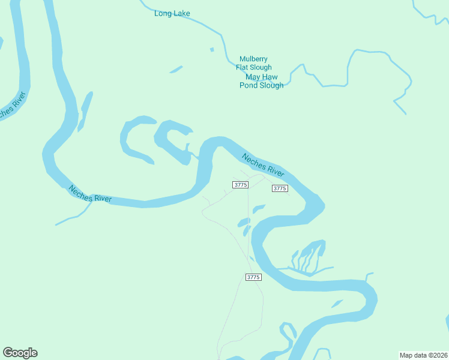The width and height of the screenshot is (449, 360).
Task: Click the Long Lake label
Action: pos(172,13)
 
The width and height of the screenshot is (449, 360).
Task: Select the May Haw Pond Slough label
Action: pos(262,81)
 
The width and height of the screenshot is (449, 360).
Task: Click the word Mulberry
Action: pos(253,59)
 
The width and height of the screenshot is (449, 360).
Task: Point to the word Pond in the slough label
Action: pos(249,85)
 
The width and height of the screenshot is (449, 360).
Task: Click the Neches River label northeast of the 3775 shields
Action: pos(263,165)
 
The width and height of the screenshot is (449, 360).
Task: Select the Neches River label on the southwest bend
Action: pos(90,193)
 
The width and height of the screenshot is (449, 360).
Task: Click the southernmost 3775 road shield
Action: pos(253,277)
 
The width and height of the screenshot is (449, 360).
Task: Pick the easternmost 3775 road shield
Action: pos(280,188)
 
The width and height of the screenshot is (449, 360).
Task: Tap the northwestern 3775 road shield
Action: pos(240,185)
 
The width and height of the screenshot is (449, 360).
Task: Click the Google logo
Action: pos(20,353)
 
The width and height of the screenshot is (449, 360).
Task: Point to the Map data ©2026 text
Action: pos(423,355)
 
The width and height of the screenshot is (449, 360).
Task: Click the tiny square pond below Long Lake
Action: pos(211,49)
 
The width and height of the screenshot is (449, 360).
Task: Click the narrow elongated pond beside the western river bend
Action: pos(85,111)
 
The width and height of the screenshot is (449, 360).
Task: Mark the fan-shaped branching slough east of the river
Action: pos(309,255)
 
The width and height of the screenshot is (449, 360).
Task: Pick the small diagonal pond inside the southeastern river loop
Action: pos(337,304)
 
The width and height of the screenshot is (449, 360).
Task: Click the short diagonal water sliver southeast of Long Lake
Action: pos(176,70)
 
